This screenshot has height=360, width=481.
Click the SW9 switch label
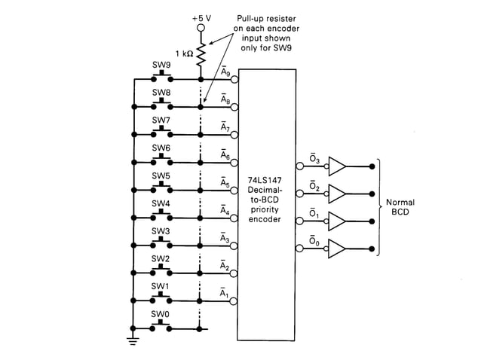[x=161, y=66]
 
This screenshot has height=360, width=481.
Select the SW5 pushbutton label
[x=161, y=175]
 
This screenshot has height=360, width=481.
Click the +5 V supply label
[x=201, y=16]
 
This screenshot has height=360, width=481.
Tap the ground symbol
[x=133, y=340]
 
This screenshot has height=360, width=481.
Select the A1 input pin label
[x=225, y=292]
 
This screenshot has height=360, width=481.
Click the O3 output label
[x=314, y=158]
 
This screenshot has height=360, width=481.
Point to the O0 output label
[x=314, y=241]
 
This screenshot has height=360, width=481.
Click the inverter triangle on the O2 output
[x=338, y=193]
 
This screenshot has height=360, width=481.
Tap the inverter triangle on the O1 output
[x=338, y=221]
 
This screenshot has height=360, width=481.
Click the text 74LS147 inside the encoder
[x=264, y=182]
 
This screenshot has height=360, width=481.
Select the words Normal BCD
[x=400, y=207]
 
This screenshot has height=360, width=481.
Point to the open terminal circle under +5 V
[x=201, y=28]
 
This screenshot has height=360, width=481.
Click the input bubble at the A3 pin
[x=235, y=246]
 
